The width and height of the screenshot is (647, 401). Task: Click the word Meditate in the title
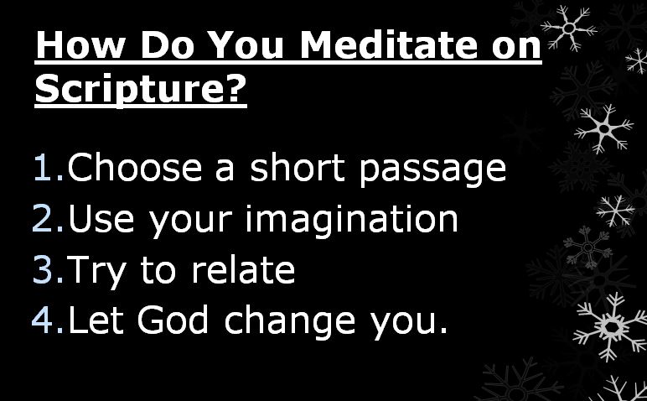tap(388, 44)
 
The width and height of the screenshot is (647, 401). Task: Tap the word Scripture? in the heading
tap(141, 89)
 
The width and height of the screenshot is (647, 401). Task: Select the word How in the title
tap(80, 44)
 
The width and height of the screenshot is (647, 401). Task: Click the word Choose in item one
tap(135, 167)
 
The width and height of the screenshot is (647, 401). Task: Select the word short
tap(298, 167)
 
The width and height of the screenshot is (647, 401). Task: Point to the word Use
tap(101, 218)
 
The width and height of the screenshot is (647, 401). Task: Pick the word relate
tap(243, 268)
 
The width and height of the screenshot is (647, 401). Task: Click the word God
tap(173, 320)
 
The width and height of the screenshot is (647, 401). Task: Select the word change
tap(290, 323)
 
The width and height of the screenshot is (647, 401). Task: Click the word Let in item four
tap(96, 320)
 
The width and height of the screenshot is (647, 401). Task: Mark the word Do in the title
tap(167, 44)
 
